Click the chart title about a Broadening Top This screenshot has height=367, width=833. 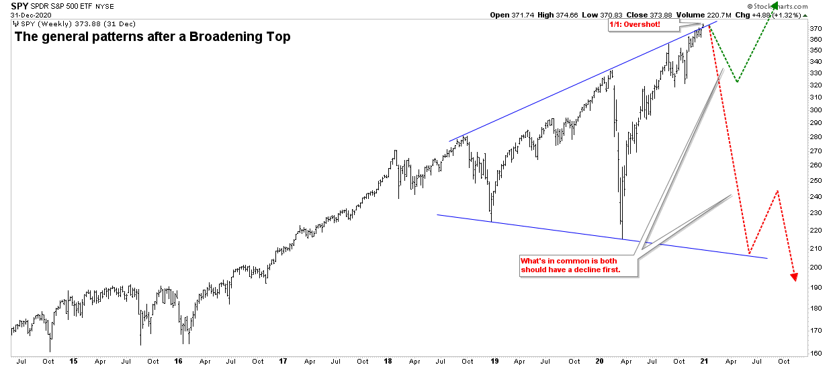point(152,37)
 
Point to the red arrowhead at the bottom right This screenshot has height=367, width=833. point(794,276)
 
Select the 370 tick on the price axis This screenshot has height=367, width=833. point(816,29)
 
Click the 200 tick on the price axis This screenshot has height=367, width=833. point(816,267)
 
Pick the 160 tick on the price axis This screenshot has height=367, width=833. point(816,352)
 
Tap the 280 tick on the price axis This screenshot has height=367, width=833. point(816,137)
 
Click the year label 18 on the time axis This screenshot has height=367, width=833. point(388,361)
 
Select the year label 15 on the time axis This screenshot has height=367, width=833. point(73,361)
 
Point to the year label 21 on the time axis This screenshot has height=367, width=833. point(704,361)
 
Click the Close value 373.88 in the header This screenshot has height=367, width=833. point(657,15)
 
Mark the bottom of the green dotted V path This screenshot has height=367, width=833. point(737,82)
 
